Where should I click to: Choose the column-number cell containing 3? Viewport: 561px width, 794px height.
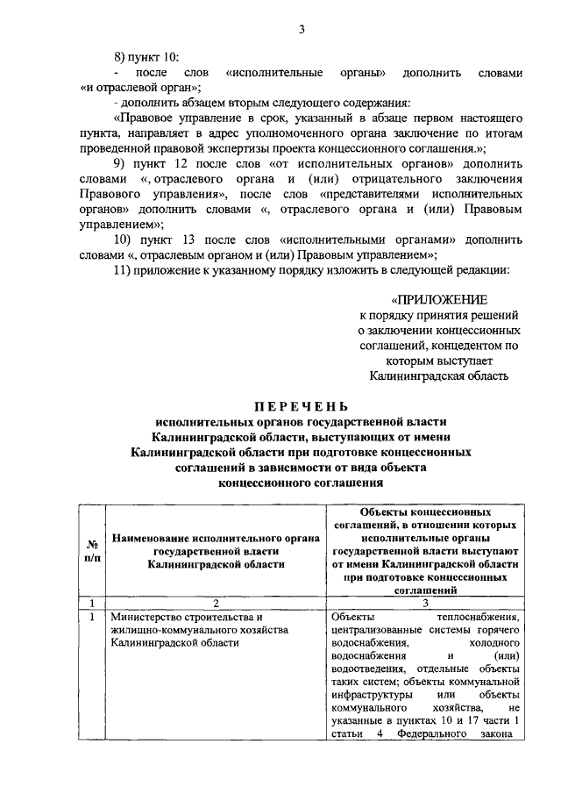[427, 603]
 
